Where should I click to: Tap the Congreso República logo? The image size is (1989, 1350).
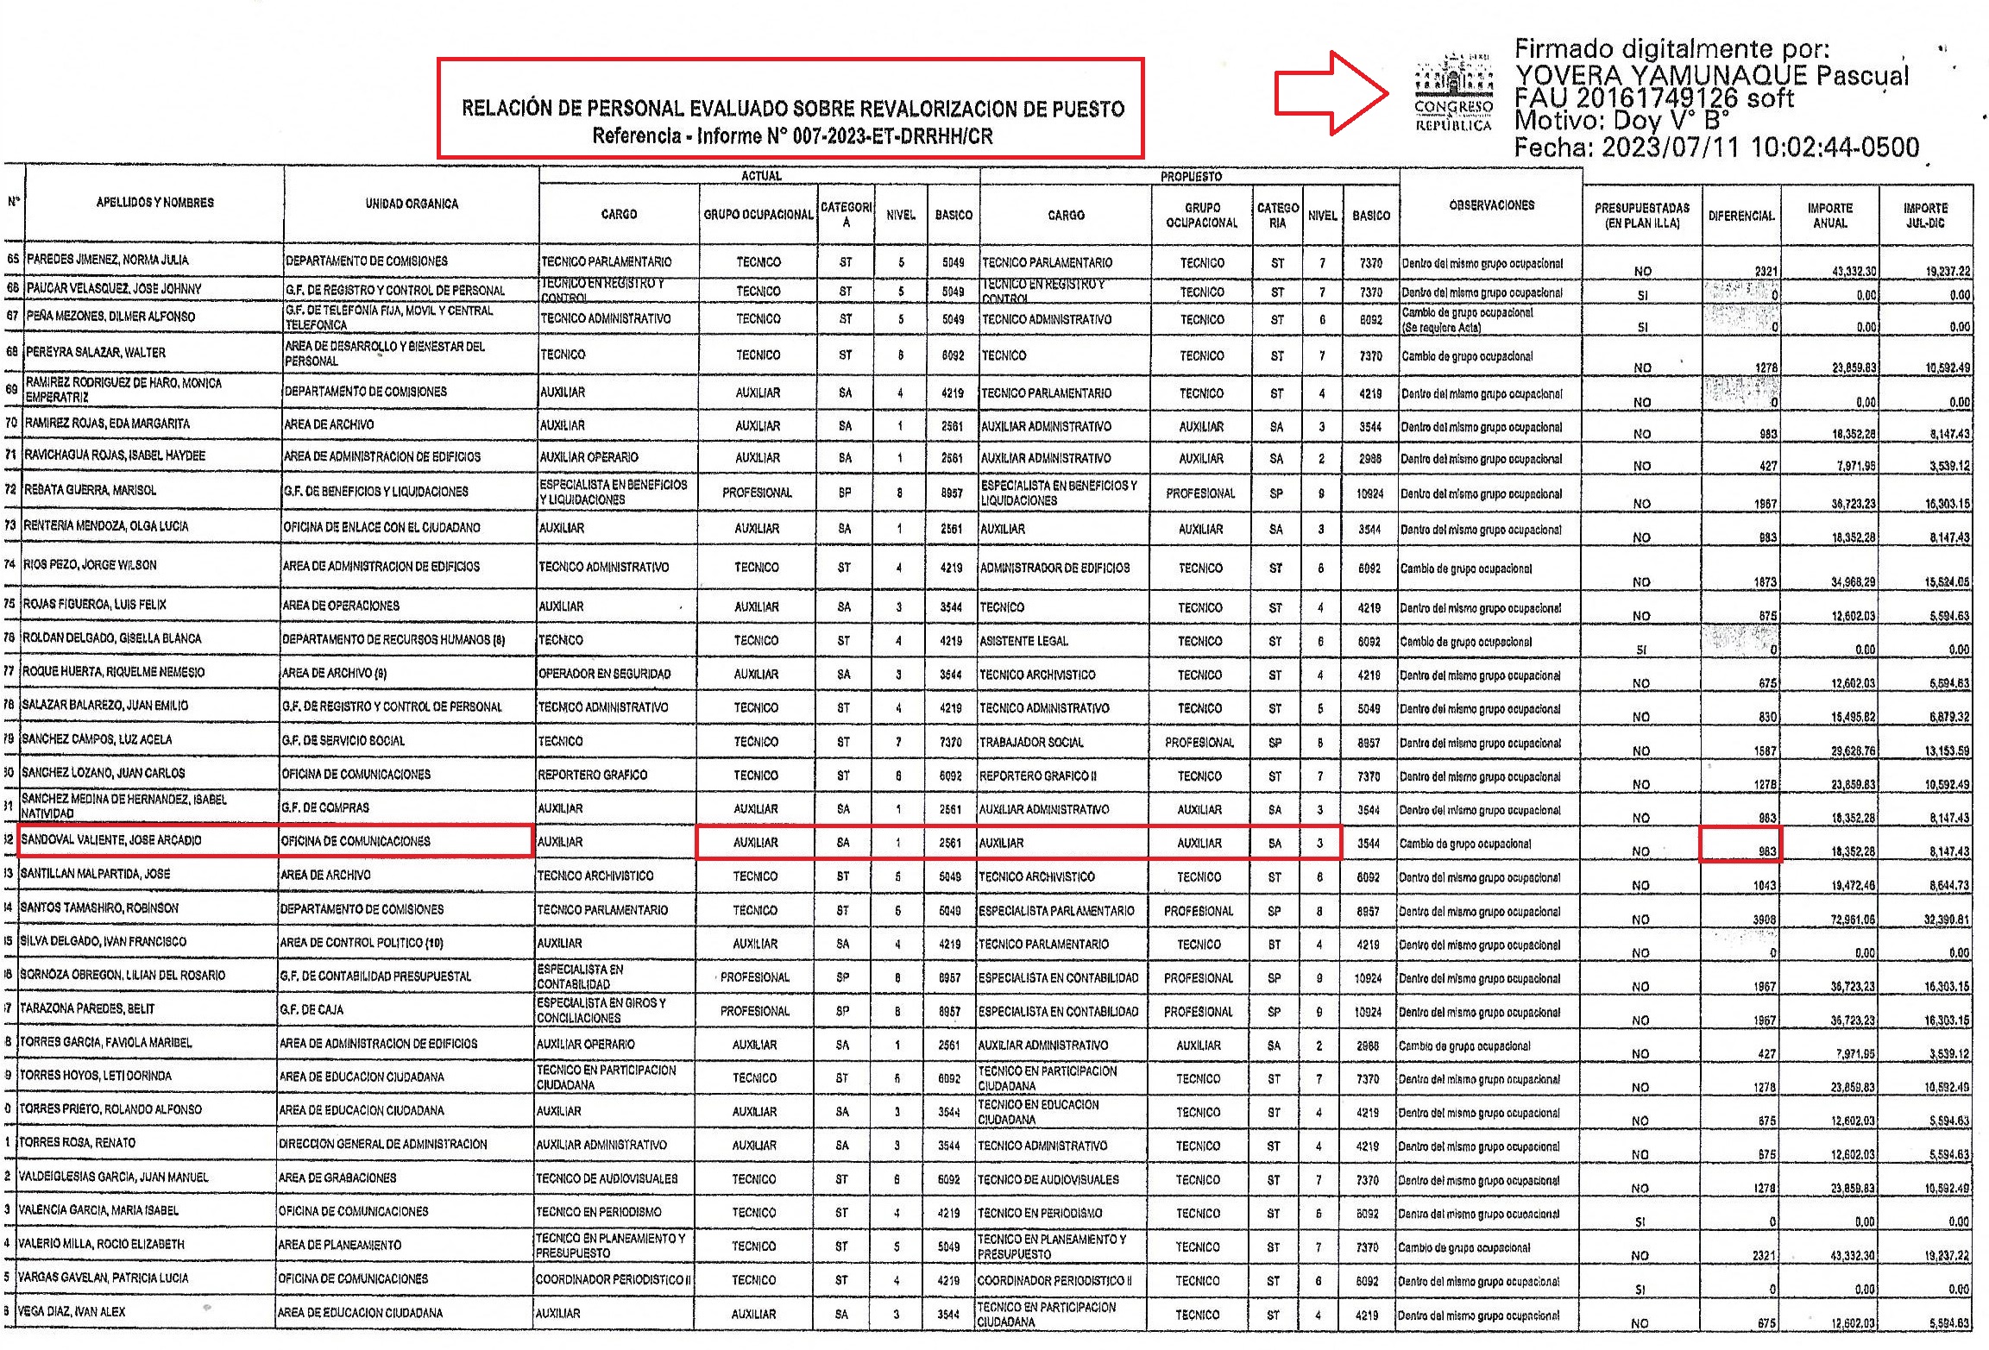tap(1454, 93)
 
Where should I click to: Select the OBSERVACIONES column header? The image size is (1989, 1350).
tap(1491, 205)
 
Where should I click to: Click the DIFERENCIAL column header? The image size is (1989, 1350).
tap(1741, 216)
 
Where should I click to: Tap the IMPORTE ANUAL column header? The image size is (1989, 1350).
tap(1829, 216)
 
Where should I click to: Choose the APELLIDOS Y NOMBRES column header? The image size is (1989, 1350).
tap(155, 203)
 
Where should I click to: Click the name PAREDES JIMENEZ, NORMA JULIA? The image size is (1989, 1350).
tap(107, 260)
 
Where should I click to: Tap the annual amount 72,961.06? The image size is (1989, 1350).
tap(1853, 920)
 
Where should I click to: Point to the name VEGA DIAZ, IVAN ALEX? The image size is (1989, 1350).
tap(72, 1312)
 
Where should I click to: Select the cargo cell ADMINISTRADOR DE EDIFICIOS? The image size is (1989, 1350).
tap(1054, 568)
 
